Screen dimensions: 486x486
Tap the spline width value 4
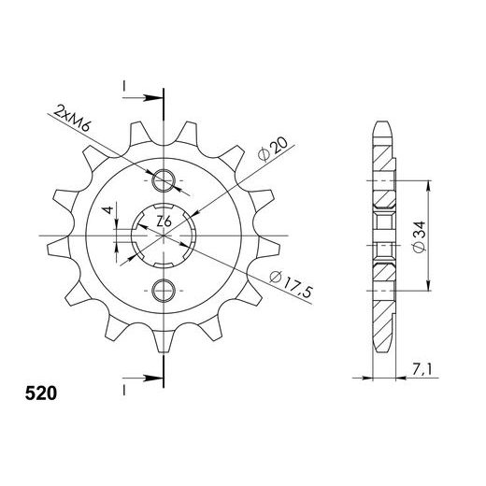click(x=109, y=210)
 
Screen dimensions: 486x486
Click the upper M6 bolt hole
click(x=164, y=179)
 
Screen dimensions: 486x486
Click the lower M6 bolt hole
click(x=164, y=287)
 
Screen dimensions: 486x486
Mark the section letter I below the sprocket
click(x=123, y=386)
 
